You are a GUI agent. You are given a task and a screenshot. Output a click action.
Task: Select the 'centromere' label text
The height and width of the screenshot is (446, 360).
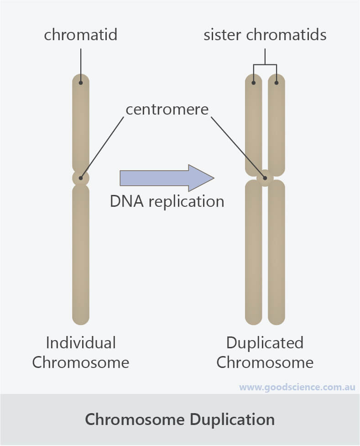click(167, 110)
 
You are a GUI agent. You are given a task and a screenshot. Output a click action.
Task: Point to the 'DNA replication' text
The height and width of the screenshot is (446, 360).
click(167, 201)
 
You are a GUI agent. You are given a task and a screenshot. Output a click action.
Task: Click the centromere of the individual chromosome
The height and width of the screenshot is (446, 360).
click(81, 178)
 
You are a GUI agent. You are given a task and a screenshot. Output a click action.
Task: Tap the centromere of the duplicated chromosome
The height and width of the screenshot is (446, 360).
click(265, 178)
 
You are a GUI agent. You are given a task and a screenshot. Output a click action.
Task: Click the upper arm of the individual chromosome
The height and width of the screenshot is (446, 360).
click(81, 123)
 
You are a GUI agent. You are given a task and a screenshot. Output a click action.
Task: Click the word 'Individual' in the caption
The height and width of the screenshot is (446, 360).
click(81, 343)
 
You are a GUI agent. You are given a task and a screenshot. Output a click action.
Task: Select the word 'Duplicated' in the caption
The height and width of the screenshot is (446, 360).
click(265, 343)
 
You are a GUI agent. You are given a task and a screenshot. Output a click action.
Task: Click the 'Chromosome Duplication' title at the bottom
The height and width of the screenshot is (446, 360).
click(180, 419)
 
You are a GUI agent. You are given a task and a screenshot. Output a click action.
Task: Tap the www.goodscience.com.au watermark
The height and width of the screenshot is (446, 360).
click(297, 388)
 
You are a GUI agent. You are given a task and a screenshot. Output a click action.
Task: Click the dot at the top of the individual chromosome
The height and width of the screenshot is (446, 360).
click(81, 83)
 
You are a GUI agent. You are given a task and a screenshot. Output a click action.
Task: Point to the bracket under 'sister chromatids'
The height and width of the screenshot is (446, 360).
click(265, 64)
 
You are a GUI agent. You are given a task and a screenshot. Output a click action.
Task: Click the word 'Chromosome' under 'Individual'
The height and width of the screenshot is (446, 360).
click(81, 362)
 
